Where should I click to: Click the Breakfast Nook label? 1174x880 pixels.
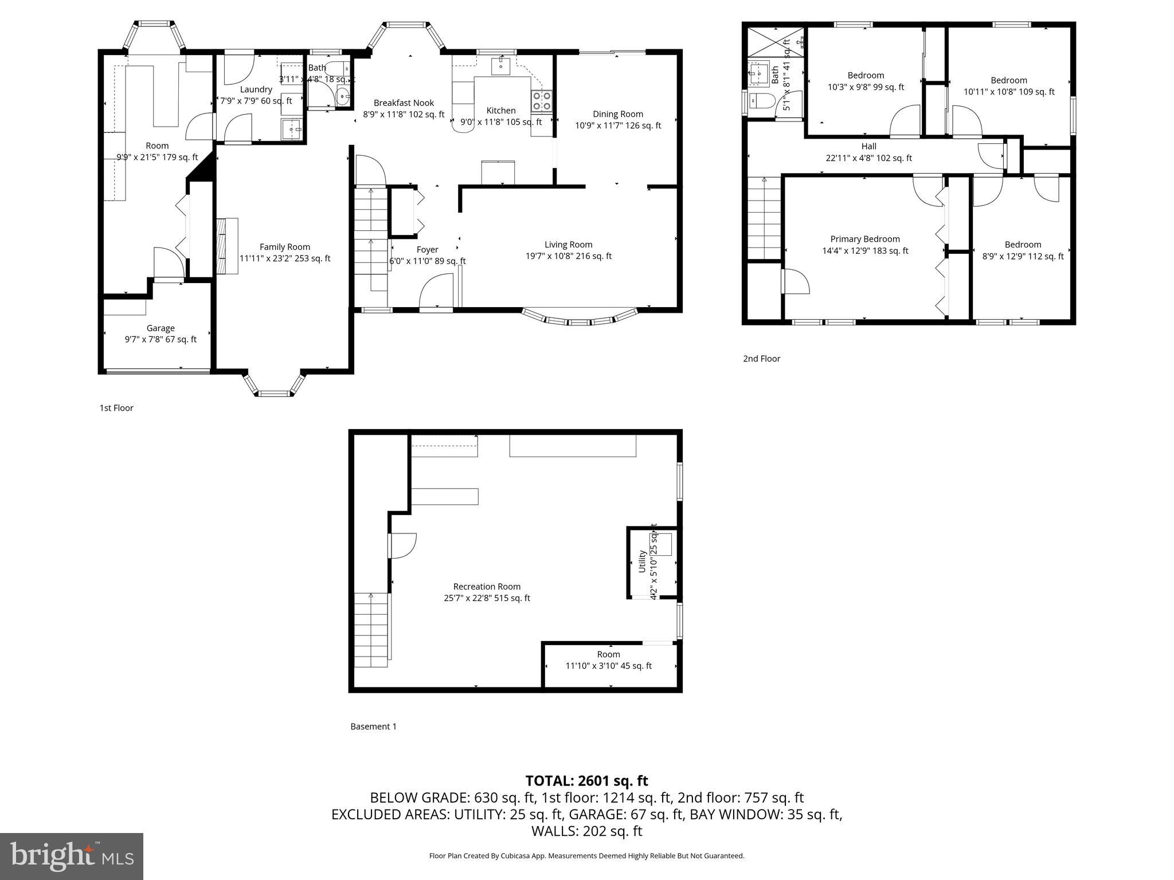point(404,103)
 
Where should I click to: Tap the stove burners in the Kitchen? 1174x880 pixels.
point(542,101)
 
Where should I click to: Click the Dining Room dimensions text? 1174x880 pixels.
point(618,125)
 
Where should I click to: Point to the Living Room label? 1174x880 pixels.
point(568,245)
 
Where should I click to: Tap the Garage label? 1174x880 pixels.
point(161,328)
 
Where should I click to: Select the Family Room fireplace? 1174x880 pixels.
point(228,246)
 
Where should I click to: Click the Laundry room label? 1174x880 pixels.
point(256,89)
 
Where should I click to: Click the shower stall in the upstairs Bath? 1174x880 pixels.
point(767,42)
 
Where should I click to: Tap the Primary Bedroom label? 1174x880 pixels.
point(865,239)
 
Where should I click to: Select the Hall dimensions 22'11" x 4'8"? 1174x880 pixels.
point(868,158)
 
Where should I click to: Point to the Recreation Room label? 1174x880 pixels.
point(487,587)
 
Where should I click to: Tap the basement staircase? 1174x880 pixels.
point(371,630)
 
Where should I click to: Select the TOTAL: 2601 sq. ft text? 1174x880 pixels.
point(586,781)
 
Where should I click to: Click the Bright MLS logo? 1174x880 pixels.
point(72,856)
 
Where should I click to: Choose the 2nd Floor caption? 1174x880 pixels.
point(761,359)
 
